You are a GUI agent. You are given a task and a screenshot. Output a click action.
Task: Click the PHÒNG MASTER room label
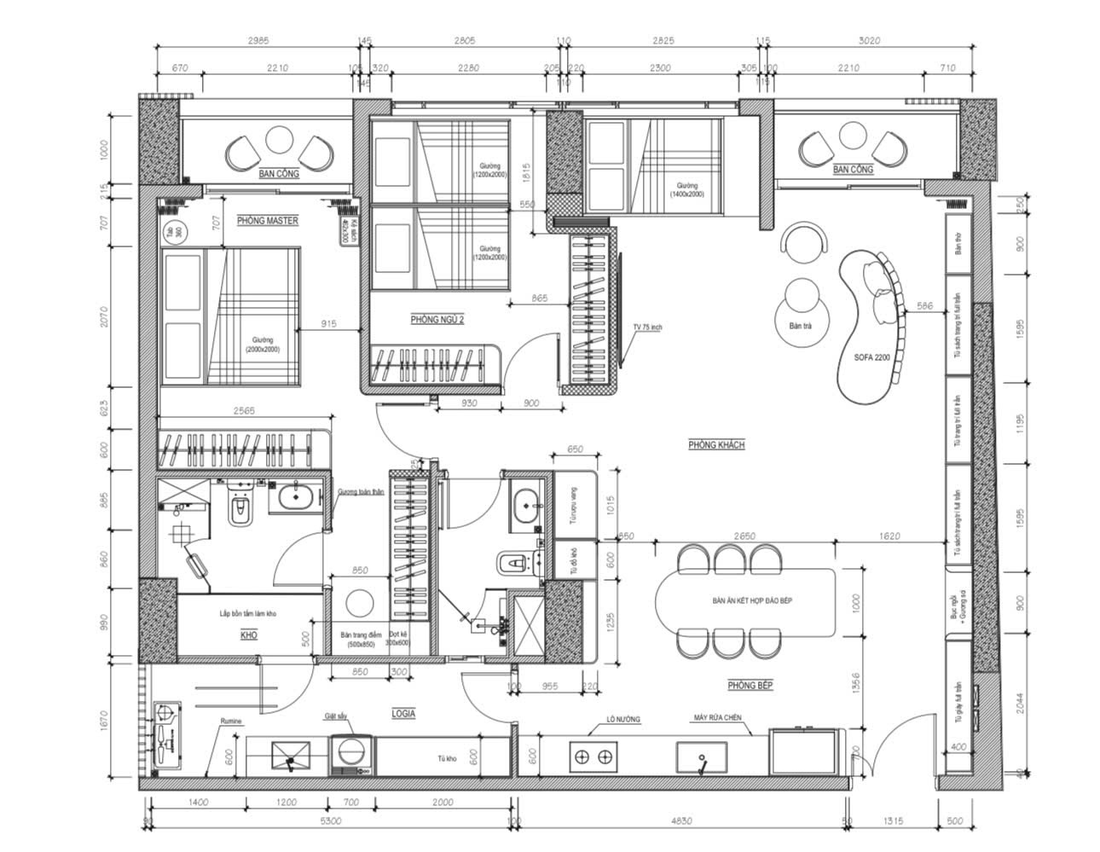(x=268, y=221)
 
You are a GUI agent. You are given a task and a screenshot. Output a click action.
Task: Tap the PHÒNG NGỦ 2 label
(x=437, y=320)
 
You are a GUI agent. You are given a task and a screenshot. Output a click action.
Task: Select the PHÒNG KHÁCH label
(x=716, y=445)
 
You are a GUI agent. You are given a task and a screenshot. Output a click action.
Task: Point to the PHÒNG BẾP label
(x=750, y=685)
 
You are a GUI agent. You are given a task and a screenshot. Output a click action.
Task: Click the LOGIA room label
(x=403, y=713)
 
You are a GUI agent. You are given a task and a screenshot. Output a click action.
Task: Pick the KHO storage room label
(x=248, y=635)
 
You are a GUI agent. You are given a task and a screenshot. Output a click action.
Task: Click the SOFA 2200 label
(x=871, y=358)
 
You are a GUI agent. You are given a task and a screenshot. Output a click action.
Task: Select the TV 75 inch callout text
(x=647, y=327)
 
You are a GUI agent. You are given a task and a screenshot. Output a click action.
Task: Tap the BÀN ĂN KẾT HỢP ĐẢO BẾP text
(x=753, y=601)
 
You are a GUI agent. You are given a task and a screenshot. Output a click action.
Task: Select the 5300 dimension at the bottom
(x=331, y=820)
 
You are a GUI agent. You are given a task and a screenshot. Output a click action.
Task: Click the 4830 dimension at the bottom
(x=680, y=820)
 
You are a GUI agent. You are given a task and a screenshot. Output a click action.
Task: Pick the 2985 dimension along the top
(x=257, y=41)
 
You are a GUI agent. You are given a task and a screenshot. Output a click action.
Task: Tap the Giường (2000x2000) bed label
(x=263, y=345)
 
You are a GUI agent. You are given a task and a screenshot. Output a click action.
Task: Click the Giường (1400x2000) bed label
(x=687, y=189)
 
